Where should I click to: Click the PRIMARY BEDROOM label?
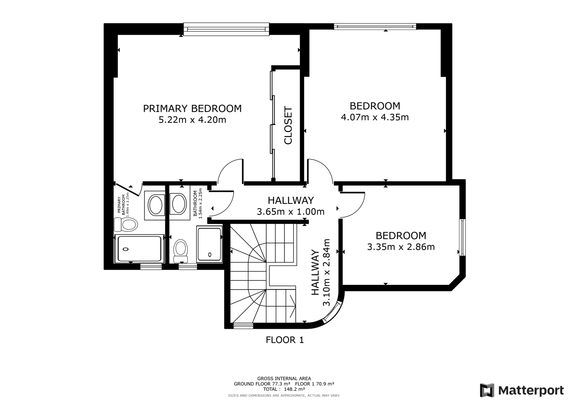click(x=192, y=108)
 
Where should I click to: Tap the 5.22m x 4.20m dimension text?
click(x=192, y=120)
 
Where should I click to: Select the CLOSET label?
click(x=288, y=125)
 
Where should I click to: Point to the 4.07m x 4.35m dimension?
click(x=375, y=117)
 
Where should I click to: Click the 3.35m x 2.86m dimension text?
click(x=401, y=247)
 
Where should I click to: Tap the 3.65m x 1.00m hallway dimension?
click(x=291, y=212)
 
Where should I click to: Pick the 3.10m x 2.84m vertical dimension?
click(x=326, y=272)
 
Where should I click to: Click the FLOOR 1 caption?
click(x=285, y=340)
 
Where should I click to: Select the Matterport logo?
click(x=522, y=390)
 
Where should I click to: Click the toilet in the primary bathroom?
click(x=126, y=224)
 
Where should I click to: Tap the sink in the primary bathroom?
click(x=155, y=205)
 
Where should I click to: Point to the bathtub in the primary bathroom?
click(x=139, y=248)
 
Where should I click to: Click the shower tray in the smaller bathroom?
click(x=209, y=244)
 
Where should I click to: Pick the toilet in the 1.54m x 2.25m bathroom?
click(x=180, y=251)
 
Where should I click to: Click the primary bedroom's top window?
click(x=226, y=29)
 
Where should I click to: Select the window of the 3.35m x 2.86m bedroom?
click(x=462, y=237)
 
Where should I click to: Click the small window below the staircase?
click(x=244, y=325)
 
